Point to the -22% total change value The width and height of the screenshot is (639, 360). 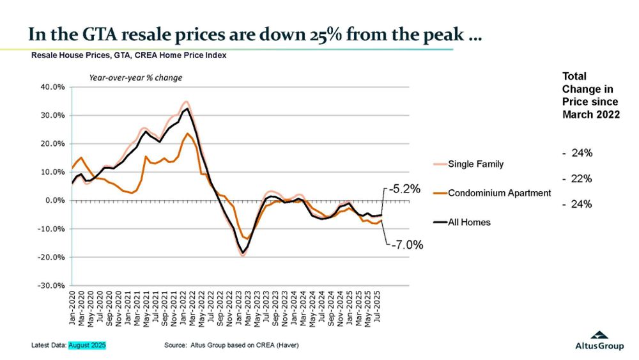(x=578, y=179)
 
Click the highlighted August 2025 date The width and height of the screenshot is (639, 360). (x=87, y=345)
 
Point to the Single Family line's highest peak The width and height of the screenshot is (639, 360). (x=186, y=102)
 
